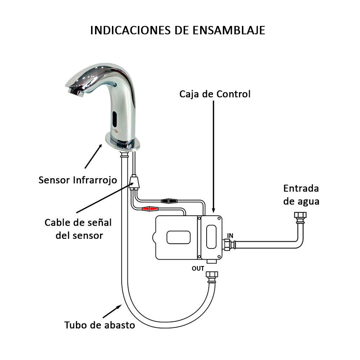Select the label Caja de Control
tap(215, 94)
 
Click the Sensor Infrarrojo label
tap(78, 180)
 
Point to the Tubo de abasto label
tap(100, 325)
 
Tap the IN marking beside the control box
tap(230, 235)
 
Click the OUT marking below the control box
tap(198, 269)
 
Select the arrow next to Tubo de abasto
tap(114, 311)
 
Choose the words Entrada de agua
tap(301, 195)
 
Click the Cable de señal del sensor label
tap(78, 229)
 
